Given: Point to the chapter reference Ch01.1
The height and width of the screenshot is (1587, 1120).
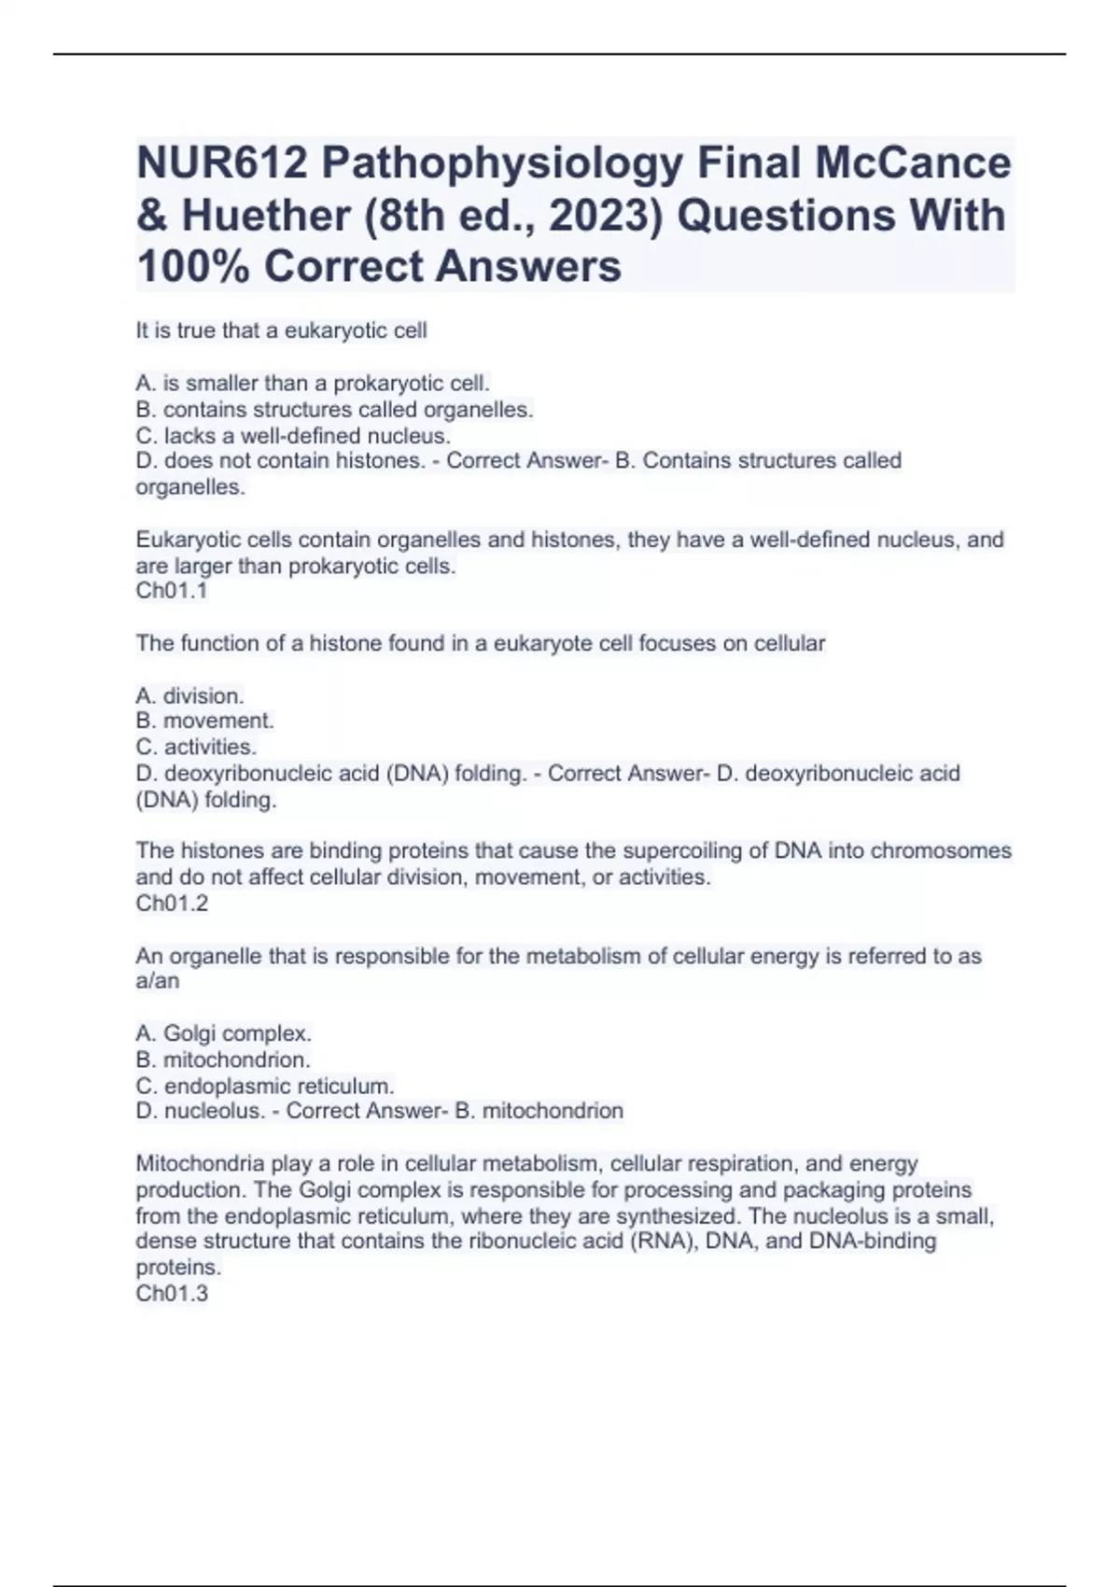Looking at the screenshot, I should pyautogui.click(x=172, y=591).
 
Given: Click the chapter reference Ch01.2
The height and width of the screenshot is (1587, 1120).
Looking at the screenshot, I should pyautogui.click(x=172, y=904).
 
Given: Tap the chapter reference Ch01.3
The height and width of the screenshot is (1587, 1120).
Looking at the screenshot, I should pyautogui.click(x=172, y=1294).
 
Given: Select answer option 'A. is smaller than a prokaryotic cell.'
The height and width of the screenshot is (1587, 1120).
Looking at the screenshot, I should pyautogui.click(x=313, y=384).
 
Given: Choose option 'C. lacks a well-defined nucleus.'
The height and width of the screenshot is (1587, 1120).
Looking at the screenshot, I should pyautogui.click(x=293, y=436).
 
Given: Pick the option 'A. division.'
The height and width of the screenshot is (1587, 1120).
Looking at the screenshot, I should pyautogui.click(x=189, y=696).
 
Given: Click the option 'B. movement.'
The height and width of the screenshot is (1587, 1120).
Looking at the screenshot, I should pyautogui.click(x=204, y=721).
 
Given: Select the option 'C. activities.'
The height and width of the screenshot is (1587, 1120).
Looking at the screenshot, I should pyautogui.click(x=196, y=748).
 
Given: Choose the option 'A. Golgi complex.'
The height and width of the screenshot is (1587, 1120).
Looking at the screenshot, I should pyautogui.click(x=223, y=1034).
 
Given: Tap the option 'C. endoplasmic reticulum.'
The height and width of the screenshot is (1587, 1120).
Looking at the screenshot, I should pyautogui.click(x=265, y=1087).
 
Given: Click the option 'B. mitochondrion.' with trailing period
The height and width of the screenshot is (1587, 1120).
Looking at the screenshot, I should pyautogui.click(x=223, y=1060).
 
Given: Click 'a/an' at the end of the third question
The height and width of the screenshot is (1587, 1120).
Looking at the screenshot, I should pyautogui.click(x=158, y=982).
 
